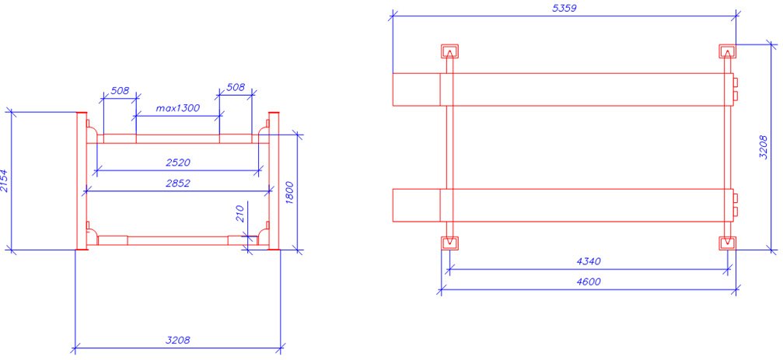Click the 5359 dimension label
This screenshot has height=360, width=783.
(x=564, y=8)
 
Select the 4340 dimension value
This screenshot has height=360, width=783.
(x=589, y=261)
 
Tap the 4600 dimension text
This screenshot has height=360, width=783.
(x=588, y=281)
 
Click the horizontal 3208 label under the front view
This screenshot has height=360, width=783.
(x=177, y=340)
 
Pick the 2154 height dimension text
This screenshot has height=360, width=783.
(x=6, y=180)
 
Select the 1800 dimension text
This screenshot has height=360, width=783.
(x=290, y=192)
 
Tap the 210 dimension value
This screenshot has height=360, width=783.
(x=240, y=215)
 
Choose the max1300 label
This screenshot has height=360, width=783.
(x=178, y=108)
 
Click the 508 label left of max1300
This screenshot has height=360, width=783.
(x=119, y=90)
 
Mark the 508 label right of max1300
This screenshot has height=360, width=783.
(x=236, y=88)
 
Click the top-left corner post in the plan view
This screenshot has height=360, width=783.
(x=449, y=52)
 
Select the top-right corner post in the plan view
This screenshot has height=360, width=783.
(x=726, y=52)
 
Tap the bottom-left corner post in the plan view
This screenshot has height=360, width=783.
(x=449, y=243)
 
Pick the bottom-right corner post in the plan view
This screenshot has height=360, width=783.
(x=726, y=243)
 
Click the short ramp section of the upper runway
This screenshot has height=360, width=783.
(x=416, y=89)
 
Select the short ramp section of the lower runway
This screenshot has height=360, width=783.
(x=416, y=205)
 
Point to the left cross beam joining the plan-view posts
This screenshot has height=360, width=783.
(x=449, y=148)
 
